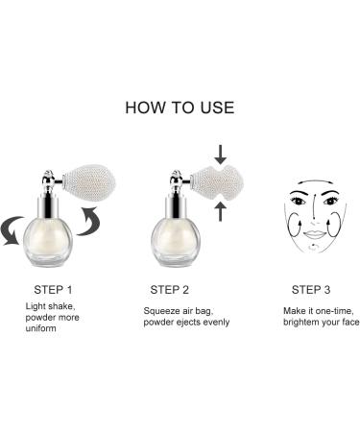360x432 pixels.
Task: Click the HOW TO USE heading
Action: tap(180, 108)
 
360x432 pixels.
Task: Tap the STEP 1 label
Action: tap(53, 290)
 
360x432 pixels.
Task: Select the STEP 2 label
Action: tap(170, 290)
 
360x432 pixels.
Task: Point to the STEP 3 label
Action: tap(311, 290)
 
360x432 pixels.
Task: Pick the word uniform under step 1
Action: tap(41, 328)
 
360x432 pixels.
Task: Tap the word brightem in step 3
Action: tap(300, 323)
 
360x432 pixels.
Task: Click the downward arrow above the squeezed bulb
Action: tap(221, 155)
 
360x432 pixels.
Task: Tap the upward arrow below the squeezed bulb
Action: tap(221, 211)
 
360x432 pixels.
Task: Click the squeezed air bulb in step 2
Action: tap(217, 183)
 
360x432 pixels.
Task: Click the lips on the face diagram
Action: tap(315, 234)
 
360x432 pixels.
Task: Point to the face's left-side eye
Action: tap(298, 202)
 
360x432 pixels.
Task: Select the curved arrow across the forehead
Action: tap(315, 181)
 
